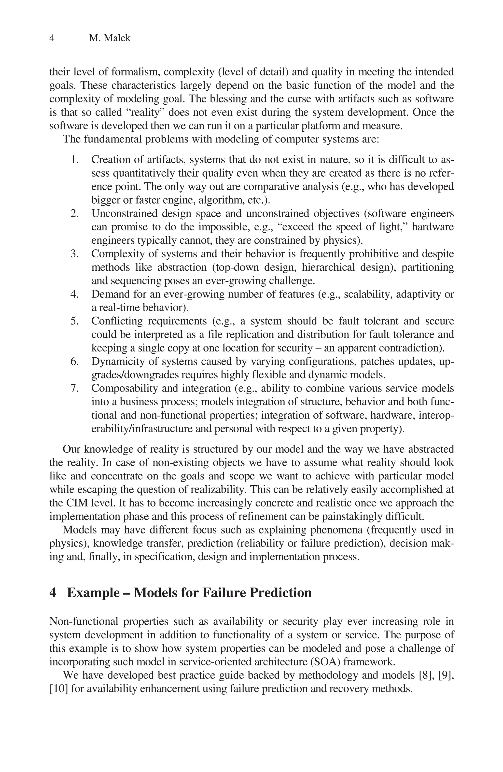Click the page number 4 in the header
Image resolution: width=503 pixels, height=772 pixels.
click(52, 38)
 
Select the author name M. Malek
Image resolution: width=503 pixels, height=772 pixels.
click(110, 38)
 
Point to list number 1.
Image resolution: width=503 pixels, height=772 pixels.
click(75, 160)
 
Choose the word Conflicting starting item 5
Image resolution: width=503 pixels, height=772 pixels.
click(116, 321)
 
